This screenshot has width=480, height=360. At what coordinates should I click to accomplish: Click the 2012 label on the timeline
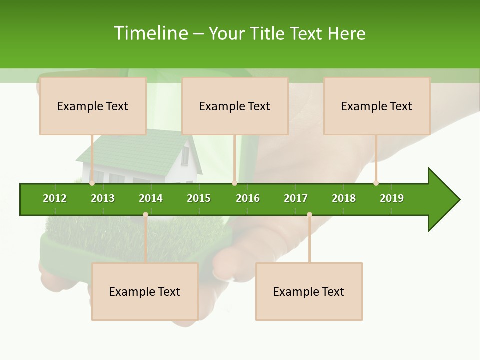pos(55,198)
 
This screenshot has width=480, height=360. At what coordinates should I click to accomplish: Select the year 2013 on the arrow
pos(103,198)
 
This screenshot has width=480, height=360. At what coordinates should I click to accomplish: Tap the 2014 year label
pos(151,198)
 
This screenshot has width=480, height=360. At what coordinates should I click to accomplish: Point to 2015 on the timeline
pos(199,198)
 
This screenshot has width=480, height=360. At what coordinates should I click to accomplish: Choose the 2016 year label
pos(248,198)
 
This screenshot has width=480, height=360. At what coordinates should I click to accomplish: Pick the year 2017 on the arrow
pos(296,198)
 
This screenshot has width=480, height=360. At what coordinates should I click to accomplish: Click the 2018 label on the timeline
pos(344,198)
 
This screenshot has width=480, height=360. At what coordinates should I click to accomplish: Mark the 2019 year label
pos(392,198)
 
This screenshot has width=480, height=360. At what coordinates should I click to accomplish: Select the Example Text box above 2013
pos(93,106)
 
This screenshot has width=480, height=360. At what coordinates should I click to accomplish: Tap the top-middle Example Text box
pos(235,106)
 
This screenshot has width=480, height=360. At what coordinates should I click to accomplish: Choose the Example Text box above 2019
pos(377,106)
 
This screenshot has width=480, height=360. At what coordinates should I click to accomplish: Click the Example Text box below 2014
pos(145,291)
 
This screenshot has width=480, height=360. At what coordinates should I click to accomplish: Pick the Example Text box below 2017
pos(309,291)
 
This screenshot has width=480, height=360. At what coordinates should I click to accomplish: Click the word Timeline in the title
pos(150,33)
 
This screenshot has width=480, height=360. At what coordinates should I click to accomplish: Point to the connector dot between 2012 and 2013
pos(92,183)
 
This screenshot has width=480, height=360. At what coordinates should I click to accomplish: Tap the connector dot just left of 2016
pos(234,183)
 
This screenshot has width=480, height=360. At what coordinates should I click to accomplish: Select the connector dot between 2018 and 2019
pos(376,183)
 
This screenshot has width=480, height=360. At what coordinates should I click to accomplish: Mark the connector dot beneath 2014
pos(145,215)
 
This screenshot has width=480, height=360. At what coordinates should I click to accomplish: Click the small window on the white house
pos(185,156)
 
